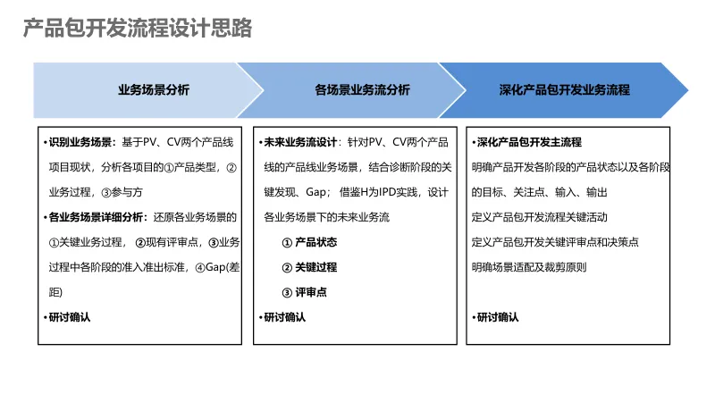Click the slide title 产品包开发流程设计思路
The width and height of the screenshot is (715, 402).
[x=138, y=29]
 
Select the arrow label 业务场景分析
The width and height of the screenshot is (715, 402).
[x=154, y=90]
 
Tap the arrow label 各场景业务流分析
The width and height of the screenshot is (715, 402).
[x=362, y=90]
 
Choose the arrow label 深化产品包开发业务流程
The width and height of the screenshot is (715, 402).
[x=564, y=90]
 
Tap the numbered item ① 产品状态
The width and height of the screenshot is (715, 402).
[x=309, y=242]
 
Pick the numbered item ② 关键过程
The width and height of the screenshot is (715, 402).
[x=309, y=267]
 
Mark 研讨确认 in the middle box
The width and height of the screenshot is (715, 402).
[x=284, y=317]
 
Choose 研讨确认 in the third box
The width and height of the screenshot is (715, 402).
[x=498, y=317]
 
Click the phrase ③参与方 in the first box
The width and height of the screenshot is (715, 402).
[x=122, y=192]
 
